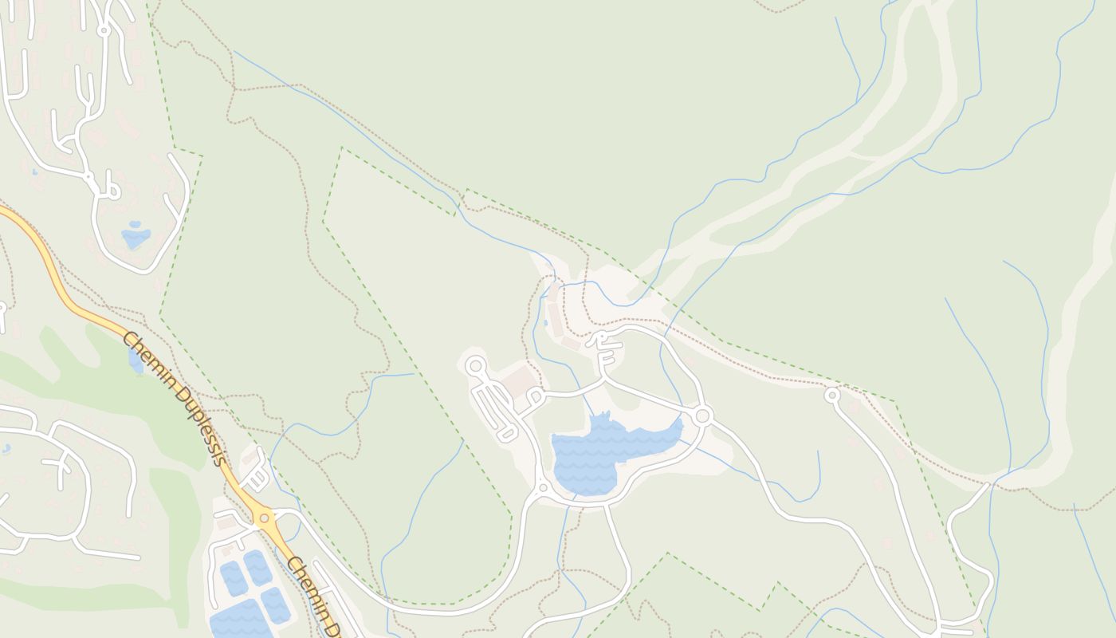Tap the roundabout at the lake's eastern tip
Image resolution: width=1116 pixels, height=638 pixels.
pyautogui.click(x=702, y=415)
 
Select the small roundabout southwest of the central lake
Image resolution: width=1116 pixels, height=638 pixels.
pyautogui.click(x=543, y=487)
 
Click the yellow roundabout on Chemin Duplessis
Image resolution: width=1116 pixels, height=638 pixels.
pyautogui.click(x=265, y=517)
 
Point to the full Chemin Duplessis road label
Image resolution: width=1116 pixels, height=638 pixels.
pyautogui.click(x=173, y=398)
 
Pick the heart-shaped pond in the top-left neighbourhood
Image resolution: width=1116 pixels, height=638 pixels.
pyautogui.click(x=136, y=236)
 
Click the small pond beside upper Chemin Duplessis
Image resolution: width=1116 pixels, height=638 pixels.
pyautogui.click(x=135, y=360)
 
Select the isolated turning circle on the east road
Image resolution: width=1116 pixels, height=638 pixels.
pyautogui.click(x=832, y=395)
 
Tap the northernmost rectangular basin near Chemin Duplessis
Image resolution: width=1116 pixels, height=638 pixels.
pyautogui.click(x=257, y=565)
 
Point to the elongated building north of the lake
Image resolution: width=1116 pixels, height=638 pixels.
pyautogui.click(x=555, y=319)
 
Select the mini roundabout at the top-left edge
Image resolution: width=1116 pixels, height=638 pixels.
pyautogui.click(x=103, y=30)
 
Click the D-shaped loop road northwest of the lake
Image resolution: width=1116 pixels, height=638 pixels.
pyautogui.click(x=534, y=396)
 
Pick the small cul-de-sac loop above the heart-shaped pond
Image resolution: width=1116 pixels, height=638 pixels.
pyautogui.click(x=111, y=190)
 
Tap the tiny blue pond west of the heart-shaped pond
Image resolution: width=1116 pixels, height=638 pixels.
pyautogui.click(x=34, y=171)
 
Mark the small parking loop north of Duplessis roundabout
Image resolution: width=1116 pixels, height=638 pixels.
pyautogui.click(x=257, y=478)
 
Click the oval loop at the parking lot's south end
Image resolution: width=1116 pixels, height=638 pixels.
pyautogui.click(x=507, y=434)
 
